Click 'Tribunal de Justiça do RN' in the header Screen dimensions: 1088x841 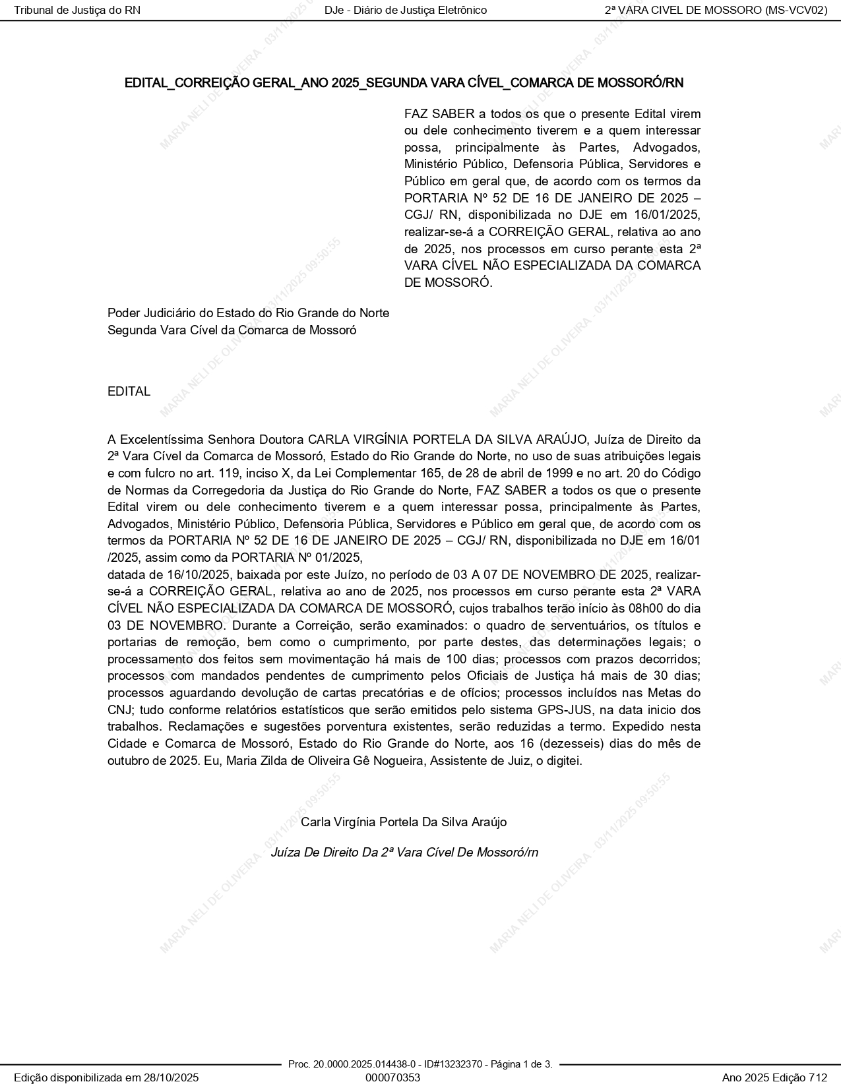[x=77, y=10]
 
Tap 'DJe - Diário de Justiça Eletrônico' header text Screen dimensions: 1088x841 [x=406, y=10]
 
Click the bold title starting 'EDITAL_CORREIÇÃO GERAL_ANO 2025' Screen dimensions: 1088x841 [x=404, y=83]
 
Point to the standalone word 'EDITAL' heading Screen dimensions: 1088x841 [x=129, y=391]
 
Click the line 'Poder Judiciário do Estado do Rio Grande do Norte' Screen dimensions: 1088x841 [x=248, y=313]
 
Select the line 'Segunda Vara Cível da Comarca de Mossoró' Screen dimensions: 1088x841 [x=232, y=330]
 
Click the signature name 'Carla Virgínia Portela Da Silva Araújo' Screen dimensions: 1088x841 [x=404, y=822]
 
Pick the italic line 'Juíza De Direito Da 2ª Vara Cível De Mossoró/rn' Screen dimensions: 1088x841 [x=404, y=852]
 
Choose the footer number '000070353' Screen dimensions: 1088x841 [x=392, y=1077]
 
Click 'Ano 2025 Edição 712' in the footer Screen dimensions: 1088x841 [x=774, y=1077]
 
